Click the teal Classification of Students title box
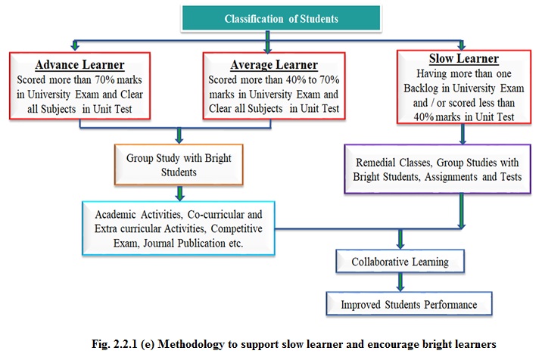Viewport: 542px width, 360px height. tap(281, 18)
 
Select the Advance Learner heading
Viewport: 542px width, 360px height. tap(79, 64)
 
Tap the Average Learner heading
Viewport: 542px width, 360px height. tap(274, 64)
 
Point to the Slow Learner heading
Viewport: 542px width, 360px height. tap(464, 58)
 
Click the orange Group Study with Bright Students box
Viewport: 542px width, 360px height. tap(179, 164)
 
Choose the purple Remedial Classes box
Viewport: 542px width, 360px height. tap(438, 169)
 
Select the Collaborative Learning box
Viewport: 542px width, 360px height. tap(400, 262)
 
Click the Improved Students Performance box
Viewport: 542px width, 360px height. tap(409, 304)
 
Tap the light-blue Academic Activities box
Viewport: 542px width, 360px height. tap(179, 228)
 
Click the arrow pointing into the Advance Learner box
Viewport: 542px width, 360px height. tap(75, 45)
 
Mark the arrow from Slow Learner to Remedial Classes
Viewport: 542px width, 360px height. tap(463, 134)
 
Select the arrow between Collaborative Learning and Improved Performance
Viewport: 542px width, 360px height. tap(400, 282)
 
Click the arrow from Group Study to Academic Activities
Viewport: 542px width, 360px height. tap(179, 193)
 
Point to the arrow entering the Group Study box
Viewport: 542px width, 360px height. tap(179, 136)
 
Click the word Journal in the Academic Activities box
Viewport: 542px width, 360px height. tap(159, 244)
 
